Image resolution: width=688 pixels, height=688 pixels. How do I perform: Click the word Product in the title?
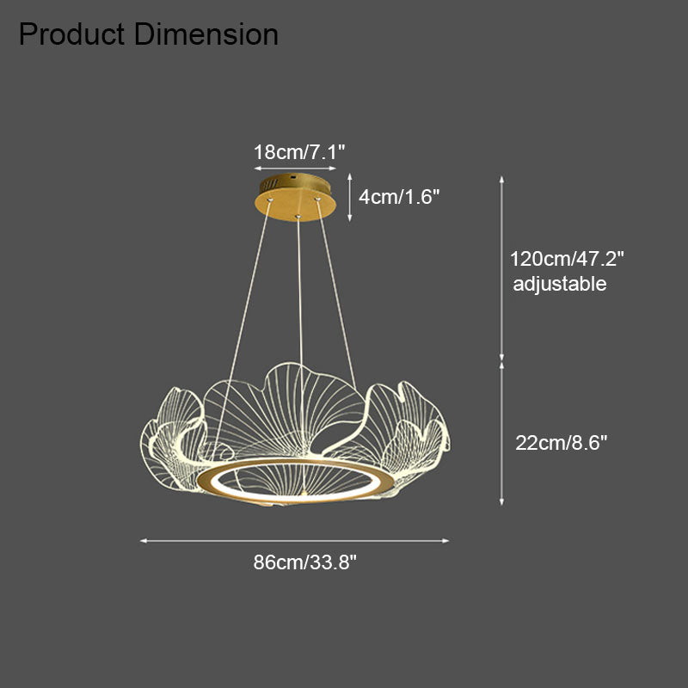(72, 34)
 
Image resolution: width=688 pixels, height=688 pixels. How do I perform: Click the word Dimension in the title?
(206, 34)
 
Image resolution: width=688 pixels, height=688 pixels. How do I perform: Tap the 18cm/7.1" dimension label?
(299, 152)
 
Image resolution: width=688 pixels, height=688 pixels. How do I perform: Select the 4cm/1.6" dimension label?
(399, 197)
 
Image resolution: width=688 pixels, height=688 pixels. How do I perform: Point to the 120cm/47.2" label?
(567, 259)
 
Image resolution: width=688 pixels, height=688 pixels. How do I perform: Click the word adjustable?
(560, 284)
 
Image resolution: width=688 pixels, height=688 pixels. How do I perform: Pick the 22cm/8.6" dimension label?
(562, 443)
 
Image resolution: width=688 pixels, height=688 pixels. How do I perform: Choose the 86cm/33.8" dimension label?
(305, 562)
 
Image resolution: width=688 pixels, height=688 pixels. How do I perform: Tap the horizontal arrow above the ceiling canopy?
(295, 168)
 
